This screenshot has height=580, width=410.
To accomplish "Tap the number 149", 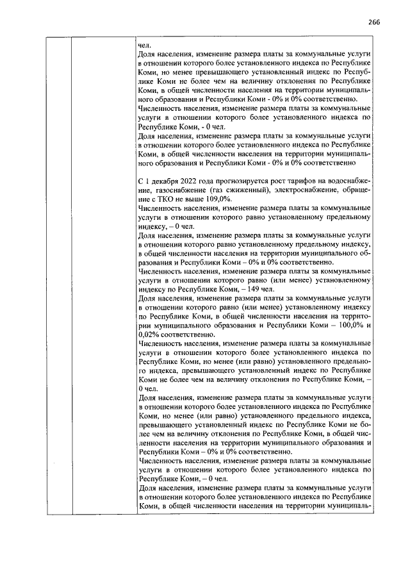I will coord(228,290).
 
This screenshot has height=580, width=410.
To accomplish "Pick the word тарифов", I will coord(299,183).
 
